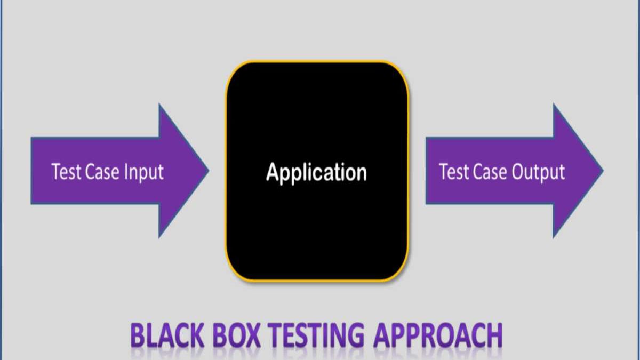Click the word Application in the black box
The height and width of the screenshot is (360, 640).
pos(317,173)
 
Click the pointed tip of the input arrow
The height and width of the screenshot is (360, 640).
pos(208,171)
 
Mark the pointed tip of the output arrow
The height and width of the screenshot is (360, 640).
pos(603,171)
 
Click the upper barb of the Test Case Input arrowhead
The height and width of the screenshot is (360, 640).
pos(159,106)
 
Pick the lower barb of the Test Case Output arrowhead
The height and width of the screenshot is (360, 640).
pos(554,236)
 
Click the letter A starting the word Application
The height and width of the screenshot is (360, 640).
pos(273,172)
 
